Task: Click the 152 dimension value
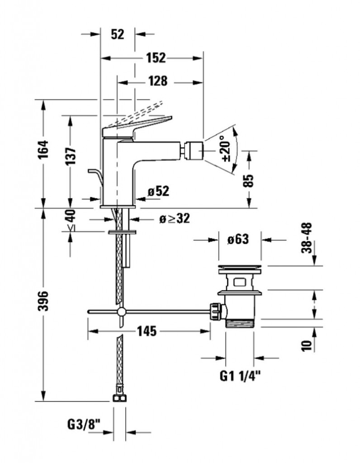tap(156, 58)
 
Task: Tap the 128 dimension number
tap(158, 81)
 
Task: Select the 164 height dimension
tap(44, 149)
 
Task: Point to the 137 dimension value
tap(70, 156)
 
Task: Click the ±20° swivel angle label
tap(226, 148)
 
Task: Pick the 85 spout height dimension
tap(249, 181)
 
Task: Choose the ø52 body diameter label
tap(159, 191)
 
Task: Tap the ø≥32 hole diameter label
tap(174, 219)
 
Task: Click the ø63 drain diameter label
tap(238, 239)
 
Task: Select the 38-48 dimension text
tap(307, 238)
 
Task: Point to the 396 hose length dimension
tap(44, 301)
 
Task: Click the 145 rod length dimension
tap(147, 331)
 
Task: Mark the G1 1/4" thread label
tap(240, 376)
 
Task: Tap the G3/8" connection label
tap(84, 425)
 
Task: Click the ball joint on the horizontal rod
tap(121, 312)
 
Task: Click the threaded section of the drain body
tap(239, 323)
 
